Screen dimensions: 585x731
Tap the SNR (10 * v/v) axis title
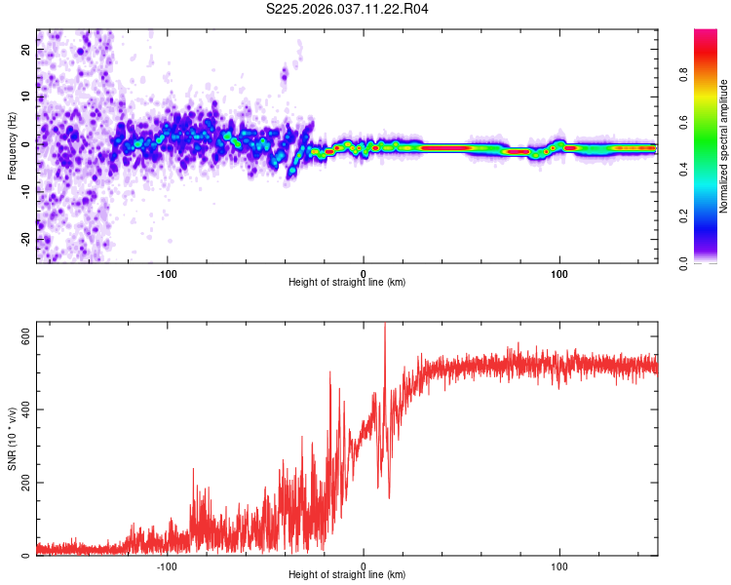pyautogui.click(x=12, y=439)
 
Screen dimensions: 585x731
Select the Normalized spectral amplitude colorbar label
pyautogui.click(x=723, y=146)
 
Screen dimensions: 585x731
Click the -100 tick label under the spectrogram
pyautogui.click(x=167, y=272)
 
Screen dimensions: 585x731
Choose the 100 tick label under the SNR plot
pyautogui.click(x=559, y=565)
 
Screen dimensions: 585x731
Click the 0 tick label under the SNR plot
pyautogui.click(x=364, y=565)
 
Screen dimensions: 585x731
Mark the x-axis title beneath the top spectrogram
pyautogui.click(x=347, y=282)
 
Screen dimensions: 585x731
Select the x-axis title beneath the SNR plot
pyautogui.click(x=347, y=575)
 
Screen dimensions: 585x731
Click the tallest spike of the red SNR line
pyautogui.click(x=384, y=325)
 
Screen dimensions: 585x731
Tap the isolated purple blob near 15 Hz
pyautogui.click(x=285, y=73)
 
